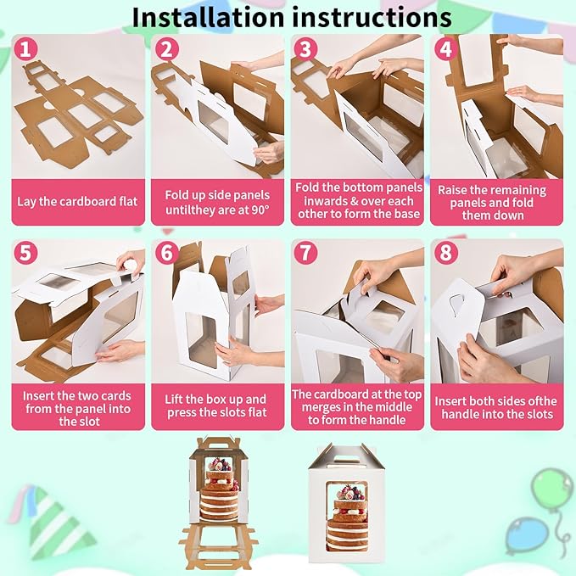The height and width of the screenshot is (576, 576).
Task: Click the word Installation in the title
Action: (x=208, y=17)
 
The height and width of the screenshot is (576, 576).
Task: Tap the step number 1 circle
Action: (x=25, y=49)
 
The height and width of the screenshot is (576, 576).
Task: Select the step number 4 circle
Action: (x=445, y=49)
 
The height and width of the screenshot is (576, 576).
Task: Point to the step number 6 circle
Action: (x=167, y=253)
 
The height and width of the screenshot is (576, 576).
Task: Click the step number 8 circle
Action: (x=445, y=253)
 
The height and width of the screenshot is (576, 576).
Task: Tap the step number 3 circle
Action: (x=305, y=49)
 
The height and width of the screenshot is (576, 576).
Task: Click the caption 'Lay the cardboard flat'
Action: (x=77, y=202)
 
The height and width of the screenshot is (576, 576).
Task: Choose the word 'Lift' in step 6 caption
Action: (x=173, y=400)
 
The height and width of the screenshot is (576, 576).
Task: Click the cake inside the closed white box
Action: (x=347, y=518)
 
